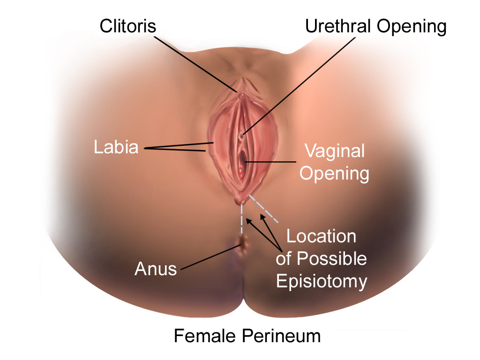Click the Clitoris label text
click(127, 26)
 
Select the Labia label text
click(116, 147)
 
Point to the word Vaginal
click(334, 151)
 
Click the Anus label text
click(156, 269)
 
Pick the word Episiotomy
click(322, 281)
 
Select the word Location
click(321, 236)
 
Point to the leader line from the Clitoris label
click(197, 64)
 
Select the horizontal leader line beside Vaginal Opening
click(270, 162)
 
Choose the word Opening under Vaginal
click(334, 173)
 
